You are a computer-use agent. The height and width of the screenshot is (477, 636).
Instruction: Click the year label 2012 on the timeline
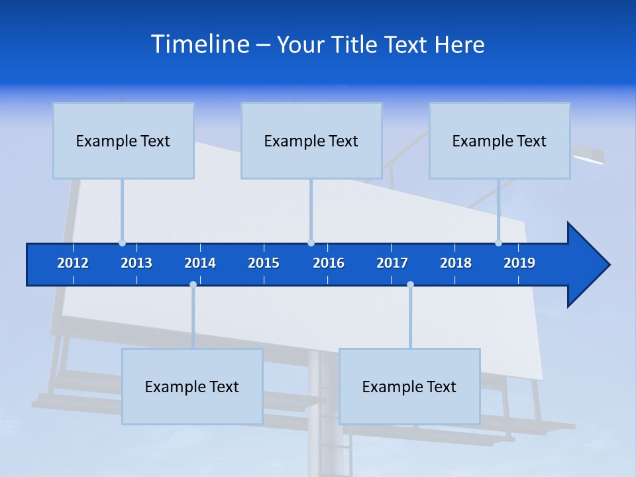click(73, 263)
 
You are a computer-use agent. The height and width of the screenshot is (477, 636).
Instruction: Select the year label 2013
click(136, 263)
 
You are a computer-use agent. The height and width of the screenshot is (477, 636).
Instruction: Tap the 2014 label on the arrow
click(200, 263)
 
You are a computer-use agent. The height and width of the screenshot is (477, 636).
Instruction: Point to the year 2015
click(264, 263)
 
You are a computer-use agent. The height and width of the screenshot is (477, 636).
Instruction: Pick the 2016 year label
click(329, 263)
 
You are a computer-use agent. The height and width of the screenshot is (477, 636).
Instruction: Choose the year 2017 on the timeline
click(392, 263)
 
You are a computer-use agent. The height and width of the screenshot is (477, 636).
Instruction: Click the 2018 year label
click(456, 263)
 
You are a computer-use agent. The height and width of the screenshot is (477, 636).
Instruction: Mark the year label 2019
click(519, 263)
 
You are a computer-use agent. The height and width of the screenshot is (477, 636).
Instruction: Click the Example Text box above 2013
click(123, 140)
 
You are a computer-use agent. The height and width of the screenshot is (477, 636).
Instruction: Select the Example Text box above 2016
click(311, 140)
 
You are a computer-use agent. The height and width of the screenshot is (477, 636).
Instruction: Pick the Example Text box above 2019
click(500, 140)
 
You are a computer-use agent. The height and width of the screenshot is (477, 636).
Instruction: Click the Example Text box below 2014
click(192, 386)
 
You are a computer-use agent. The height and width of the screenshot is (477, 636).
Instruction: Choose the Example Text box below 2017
click(409, 386)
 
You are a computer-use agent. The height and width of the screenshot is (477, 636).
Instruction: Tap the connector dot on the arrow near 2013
click(122, 242)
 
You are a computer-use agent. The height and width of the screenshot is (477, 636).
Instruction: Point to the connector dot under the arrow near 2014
click(193, 285)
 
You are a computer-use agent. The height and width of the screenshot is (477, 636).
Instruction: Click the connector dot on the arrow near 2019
click(498, 242)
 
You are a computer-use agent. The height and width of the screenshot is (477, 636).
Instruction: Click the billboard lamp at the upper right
click(589, 156)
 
